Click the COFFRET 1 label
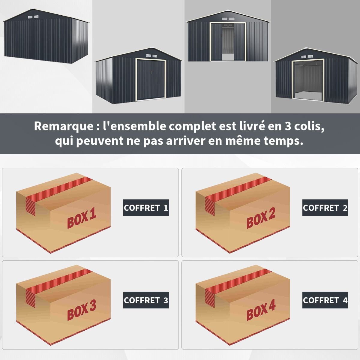[x=146, y=208]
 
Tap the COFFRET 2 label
[x=325, y=208]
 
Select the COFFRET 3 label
[x=146, y=300]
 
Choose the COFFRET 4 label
[x=325, y=300]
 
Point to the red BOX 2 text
[x=261, y=219]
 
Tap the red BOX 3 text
[x=81, y=311]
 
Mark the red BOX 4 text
[x=261, y=311]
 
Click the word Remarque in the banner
[x=64, y=126]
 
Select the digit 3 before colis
[x=287, y=126]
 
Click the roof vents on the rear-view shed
[x=33, y=17]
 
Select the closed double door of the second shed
[x=151, y=79]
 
